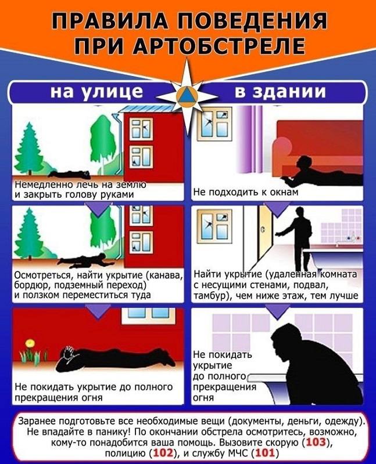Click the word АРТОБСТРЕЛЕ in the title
(219, 46)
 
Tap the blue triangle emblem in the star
(187, 96)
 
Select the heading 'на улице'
(96, 91)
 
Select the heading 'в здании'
(280, 91)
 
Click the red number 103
(316, 442)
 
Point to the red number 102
(163, 453)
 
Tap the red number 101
(266, 453)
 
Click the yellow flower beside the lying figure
(30, 343)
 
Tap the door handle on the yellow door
(263, 230)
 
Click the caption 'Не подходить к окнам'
(245, 193)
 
